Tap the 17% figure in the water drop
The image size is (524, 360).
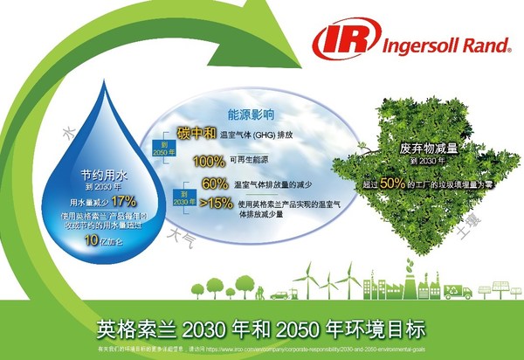coord(124,199)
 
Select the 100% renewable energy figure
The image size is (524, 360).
coord(209,162)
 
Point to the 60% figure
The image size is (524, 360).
coord(215,184)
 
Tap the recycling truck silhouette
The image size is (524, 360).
coord(457,292)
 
